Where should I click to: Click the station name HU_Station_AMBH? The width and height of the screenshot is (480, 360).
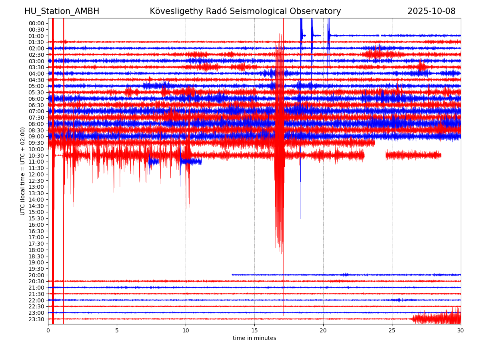click(62, 11)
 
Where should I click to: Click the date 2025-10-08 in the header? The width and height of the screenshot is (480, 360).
click(431, 11)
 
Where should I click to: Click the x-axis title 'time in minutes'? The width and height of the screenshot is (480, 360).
click(254, 338)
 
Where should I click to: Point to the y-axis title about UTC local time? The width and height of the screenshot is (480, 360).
click(23, 171)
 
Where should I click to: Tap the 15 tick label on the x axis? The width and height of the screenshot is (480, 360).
click(254, 331)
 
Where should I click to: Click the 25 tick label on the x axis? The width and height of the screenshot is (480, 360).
click(392, 331)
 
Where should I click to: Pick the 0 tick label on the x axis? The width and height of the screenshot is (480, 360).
click(48, 331)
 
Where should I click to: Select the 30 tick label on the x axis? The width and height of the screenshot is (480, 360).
click(461, 331)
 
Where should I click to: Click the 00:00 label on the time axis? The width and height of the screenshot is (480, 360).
click(36, 23)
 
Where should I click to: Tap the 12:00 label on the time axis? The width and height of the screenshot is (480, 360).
click(36, 174)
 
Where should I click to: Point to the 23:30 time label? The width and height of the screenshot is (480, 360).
click(36, 319)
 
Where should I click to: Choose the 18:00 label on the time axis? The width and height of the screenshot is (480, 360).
click(36, 250)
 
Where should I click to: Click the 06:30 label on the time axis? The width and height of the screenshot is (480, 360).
click(36, 105)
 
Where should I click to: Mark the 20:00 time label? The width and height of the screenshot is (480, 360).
click(36, 275)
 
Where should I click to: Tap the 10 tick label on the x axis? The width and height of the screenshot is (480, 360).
click(186, 331)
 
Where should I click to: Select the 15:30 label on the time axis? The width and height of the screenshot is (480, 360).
click(36, 218)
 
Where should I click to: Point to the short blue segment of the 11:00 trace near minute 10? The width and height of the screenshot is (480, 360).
click(191, 162)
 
